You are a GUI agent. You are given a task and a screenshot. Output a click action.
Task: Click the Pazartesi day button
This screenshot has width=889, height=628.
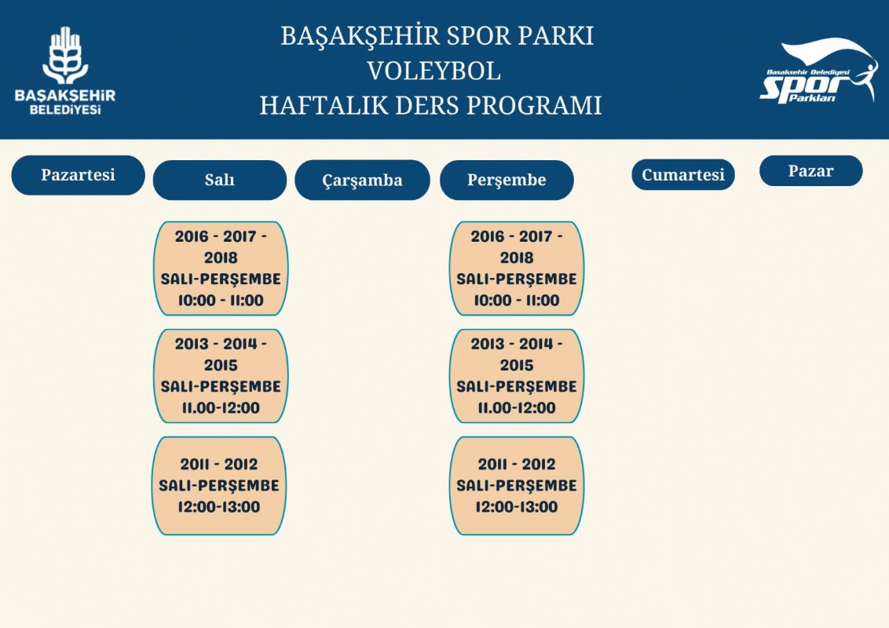pos(79,175)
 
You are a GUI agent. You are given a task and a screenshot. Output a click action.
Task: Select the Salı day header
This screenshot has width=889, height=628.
pos(220,181)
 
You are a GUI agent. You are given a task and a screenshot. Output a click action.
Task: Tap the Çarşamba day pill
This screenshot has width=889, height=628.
pos(362,181)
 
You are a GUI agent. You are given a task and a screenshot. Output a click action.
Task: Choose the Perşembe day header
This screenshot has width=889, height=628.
pos(507,181)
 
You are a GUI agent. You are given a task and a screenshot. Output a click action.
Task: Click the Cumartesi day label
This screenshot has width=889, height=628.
pos(683,174)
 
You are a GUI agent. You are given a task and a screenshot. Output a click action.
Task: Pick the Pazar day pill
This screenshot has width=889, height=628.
pos(810,170)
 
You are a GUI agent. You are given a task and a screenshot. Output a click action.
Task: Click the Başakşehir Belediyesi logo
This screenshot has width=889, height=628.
pos(65,71)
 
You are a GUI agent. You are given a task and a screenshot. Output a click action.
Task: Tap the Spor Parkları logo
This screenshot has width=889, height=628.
pos(818,71)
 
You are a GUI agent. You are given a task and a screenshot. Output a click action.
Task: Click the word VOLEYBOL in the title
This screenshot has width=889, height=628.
pos(434,71)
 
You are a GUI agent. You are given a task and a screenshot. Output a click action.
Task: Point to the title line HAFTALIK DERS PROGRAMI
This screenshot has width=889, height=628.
pos(430,105)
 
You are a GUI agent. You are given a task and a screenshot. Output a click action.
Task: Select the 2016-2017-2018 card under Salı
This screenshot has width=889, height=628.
pos(221,268)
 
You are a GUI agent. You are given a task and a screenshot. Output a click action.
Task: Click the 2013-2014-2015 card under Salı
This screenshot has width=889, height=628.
pos(221,376)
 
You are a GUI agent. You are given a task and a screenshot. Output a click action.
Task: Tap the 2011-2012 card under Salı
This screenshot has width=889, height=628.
pos(219,486)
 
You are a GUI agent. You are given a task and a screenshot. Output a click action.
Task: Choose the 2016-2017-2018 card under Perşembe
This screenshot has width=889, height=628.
pos(517,268)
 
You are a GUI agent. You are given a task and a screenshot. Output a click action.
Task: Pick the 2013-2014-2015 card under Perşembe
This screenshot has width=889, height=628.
pos(517,376)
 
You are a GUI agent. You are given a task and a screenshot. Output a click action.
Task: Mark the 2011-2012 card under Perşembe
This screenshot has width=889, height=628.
pos(517,486)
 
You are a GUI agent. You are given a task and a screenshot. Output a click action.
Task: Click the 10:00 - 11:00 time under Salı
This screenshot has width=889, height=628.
pos(221,301)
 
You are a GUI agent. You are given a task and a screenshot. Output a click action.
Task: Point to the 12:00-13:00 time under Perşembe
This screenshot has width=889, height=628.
pos(517,506)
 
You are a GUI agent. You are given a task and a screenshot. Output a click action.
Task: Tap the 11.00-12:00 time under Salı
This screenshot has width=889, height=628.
pos(221,407)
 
